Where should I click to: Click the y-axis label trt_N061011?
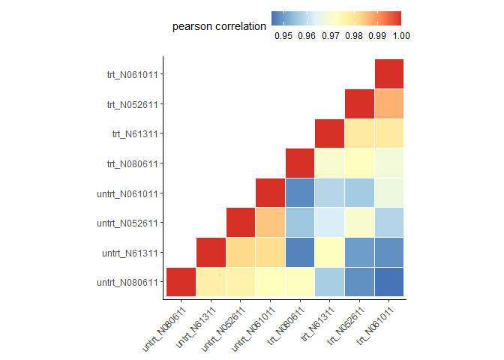[x=133, y=75]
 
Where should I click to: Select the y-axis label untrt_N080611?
[x=127, y=283]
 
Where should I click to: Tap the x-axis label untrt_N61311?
[x=196, y=327]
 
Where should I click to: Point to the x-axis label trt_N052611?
[x=345, y=325]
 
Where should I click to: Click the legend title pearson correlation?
[x=219, y=26]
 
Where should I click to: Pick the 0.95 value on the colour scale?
[x=283, y=36]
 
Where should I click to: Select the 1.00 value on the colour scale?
[x=401, y=36]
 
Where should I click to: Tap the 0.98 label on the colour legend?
[x=354, y=36]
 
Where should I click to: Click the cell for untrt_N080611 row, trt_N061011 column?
[x=389, y=282]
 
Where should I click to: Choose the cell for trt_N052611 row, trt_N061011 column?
[x=389, y=103]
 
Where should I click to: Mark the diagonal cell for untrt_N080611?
[x=181, y=282]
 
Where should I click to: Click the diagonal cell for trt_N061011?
[x=389, y=74]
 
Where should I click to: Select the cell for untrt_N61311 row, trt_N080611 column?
[x=300, y=252]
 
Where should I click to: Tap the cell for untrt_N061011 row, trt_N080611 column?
[x=300, y=193]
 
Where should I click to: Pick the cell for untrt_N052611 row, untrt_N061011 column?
[x=270, y=223]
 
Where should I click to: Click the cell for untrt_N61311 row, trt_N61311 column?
[x=329, y=252]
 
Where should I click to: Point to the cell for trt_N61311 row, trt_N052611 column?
[x=359, y=133]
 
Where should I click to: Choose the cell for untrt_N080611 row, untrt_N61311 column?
[x=211, y=282]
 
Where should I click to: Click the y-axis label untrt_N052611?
[x=127, y=223]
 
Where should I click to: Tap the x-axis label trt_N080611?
[x=285, y=325]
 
